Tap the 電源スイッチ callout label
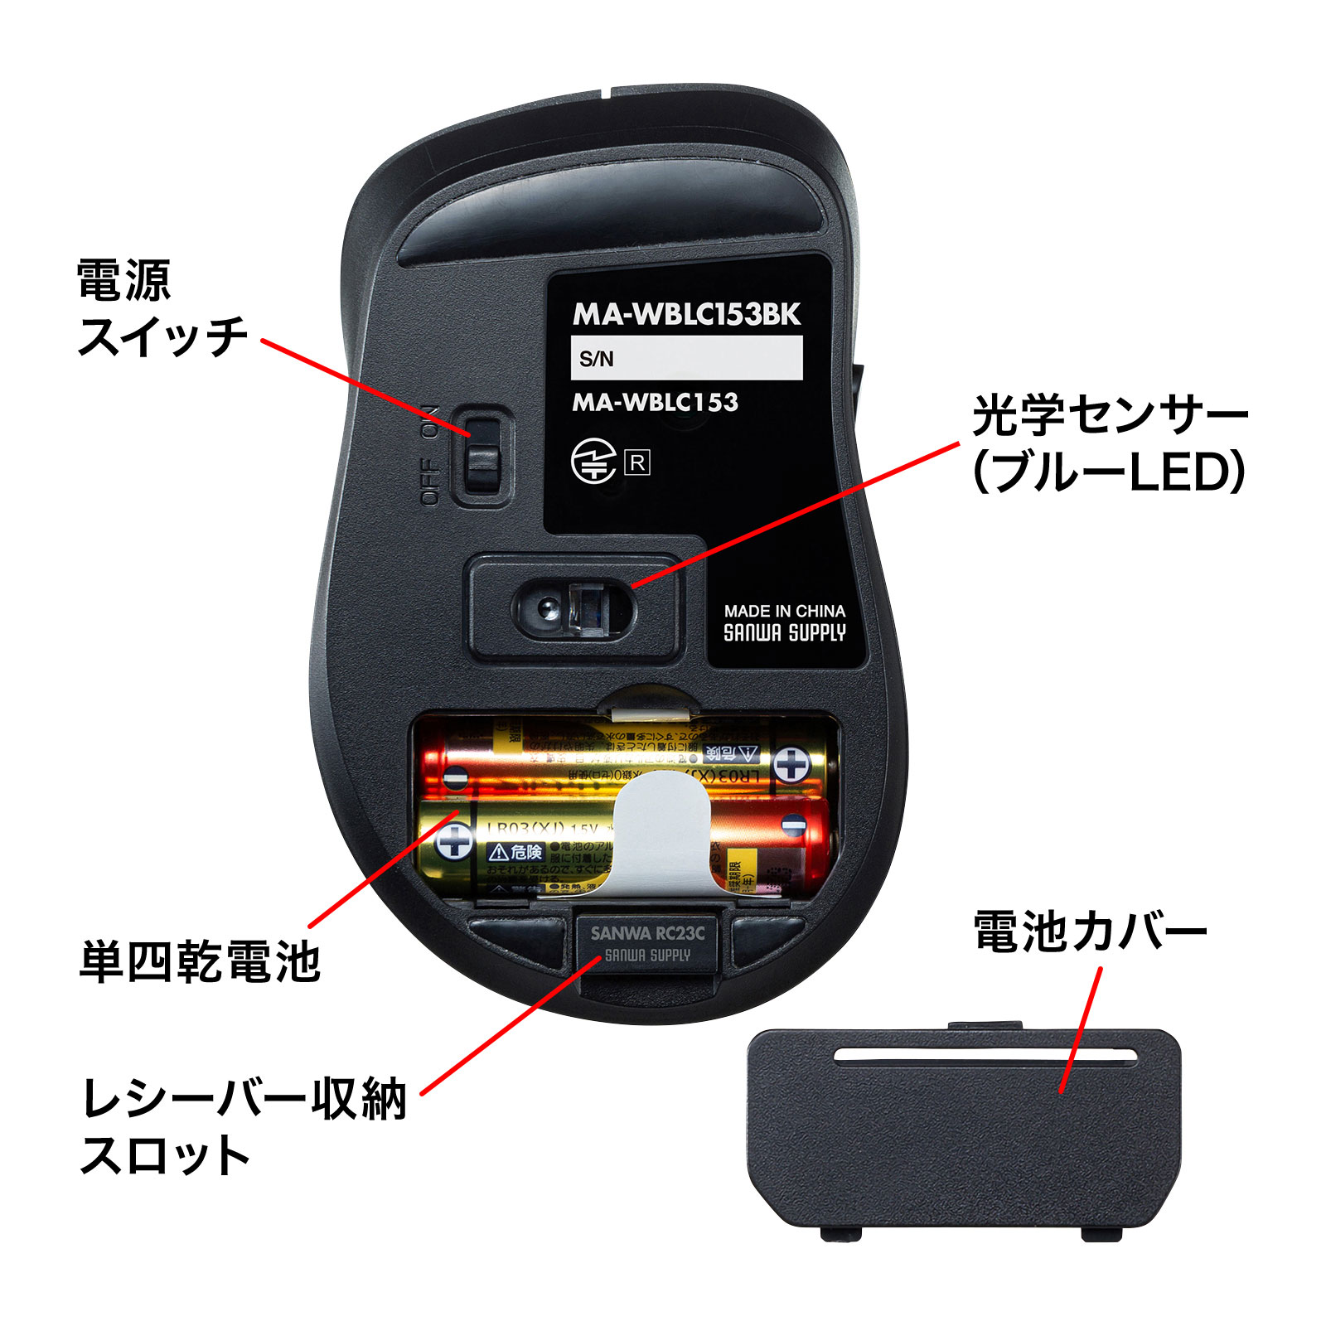point(162,308)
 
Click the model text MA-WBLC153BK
point(686,315)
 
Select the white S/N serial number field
point(686,358)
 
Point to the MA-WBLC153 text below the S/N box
point(655,403)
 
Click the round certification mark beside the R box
point(593,462)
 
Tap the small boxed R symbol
point(637,462)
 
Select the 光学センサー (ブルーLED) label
point(1109,444)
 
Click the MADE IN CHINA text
point(784,611)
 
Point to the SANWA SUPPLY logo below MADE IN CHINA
point(784,633)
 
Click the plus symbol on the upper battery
point(791,764)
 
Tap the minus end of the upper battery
point(454,777)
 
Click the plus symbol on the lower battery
point(455,842)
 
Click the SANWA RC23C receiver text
point(647,933)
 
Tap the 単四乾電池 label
point(200,962)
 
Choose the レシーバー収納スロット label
point(244,1125)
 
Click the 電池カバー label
point(1090,932)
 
